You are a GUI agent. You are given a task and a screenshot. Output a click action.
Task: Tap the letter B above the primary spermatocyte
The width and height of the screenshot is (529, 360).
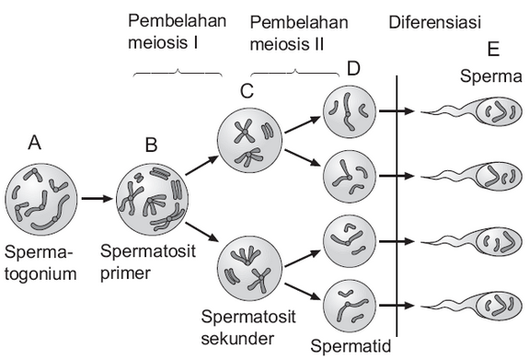pos(153,145)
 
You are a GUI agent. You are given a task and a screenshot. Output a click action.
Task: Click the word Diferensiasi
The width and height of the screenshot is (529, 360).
pos(435,21)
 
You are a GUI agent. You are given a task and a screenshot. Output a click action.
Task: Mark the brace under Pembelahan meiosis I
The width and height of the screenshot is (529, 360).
pos(178,72)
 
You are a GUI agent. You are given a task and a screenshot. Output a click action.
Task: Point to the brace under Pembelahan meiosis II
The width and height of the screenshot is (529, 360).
pos(294,73)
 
